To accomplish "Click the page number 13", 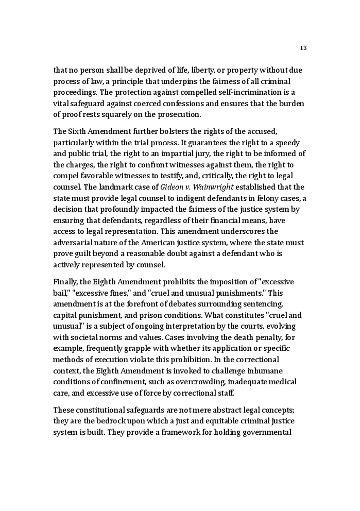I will click(x=303, y=48).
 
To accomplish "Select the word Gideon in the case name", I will click(x=172, y=187).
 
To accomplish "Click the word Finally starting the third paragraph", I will click(x=66, y=282).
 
